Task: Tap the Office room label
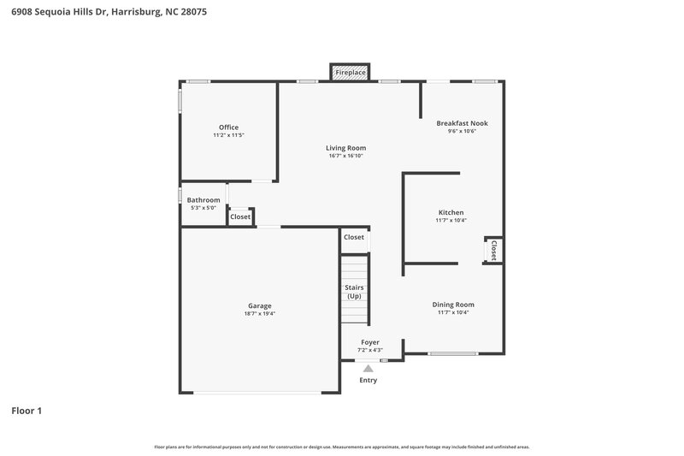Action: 228,127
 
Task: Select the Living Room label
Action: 346,148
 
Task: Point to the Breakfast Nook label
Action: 462,123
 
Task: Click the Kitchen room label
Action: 451,212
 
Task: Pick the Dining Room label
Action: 452,305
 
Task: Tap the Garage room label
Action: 260,305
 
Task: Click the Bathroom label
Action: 203,200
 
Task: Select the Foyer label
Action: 369,342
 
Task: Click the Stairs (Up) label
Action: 354,292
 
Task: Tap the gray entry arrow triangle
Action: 369,369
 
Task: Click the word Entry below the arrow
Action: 369,380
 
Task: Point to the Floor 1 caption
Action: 27,411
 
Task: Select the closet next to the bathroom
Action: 240,217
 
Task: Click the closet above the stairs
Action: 354,237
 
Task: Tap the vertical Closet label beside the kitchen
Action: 493,250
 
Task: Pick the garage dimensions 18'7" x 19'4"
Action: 260,314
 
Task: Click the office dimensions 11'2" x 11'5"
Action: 228,135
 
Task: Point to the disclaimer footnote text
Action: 341,447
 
